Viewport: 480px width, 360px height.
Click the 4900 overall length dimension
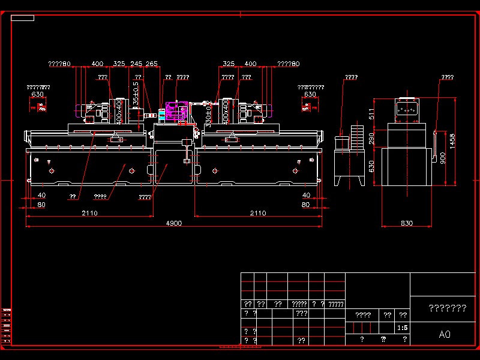(x=174, y=223)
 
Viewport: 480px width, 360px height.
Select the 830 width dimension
(x=407, y=223)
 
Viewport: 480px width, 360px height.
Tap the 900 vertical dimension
(x=442, y=158)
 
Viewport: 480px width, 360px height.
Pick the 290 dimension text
(x=371, y=139)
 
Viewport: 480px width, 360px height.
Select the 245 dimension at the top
(x=136, y=64)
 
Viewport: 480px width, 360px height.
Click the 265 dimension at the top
(x=152, y=64)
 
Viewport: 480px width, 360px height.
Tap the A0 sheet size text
(x=445, y=334)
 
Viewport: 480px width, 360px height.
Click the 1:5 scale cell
(x=403, y=328)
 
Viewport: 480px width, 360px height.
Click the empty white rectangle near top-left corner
(x=22, y=18)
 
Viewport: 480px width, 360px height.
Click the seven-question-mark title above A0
(x=447, y=308)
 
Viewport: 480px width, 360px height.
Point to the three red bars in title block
(x=362, y=328)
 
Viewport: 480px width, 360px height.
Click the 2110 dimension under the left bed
(x=89, y=213)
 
